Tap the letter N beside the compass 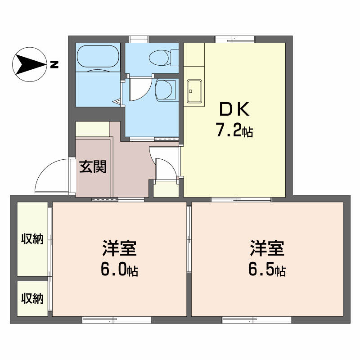pos(54,64)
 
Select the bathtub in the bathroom pos(98,57)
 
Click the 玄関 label pos(93,167)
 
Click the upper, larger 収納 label pos(32,239)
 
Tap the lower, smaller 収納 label pos(32,298)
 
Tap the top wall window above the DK pos(234,39)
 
